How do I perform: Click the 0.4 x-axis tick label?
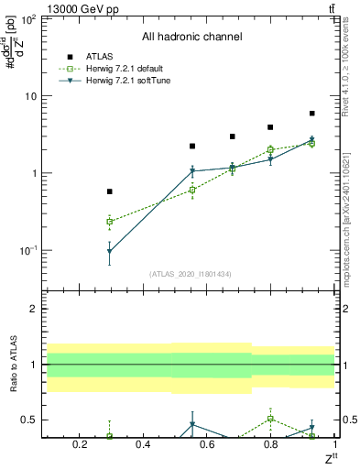142,445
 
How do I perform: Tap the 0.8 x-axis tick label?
270,445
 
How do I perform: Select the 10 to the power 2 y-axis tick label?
27,19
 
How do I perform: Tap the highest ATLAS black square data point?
311,114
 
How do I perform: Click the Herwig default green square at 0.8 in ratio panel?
270,419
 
